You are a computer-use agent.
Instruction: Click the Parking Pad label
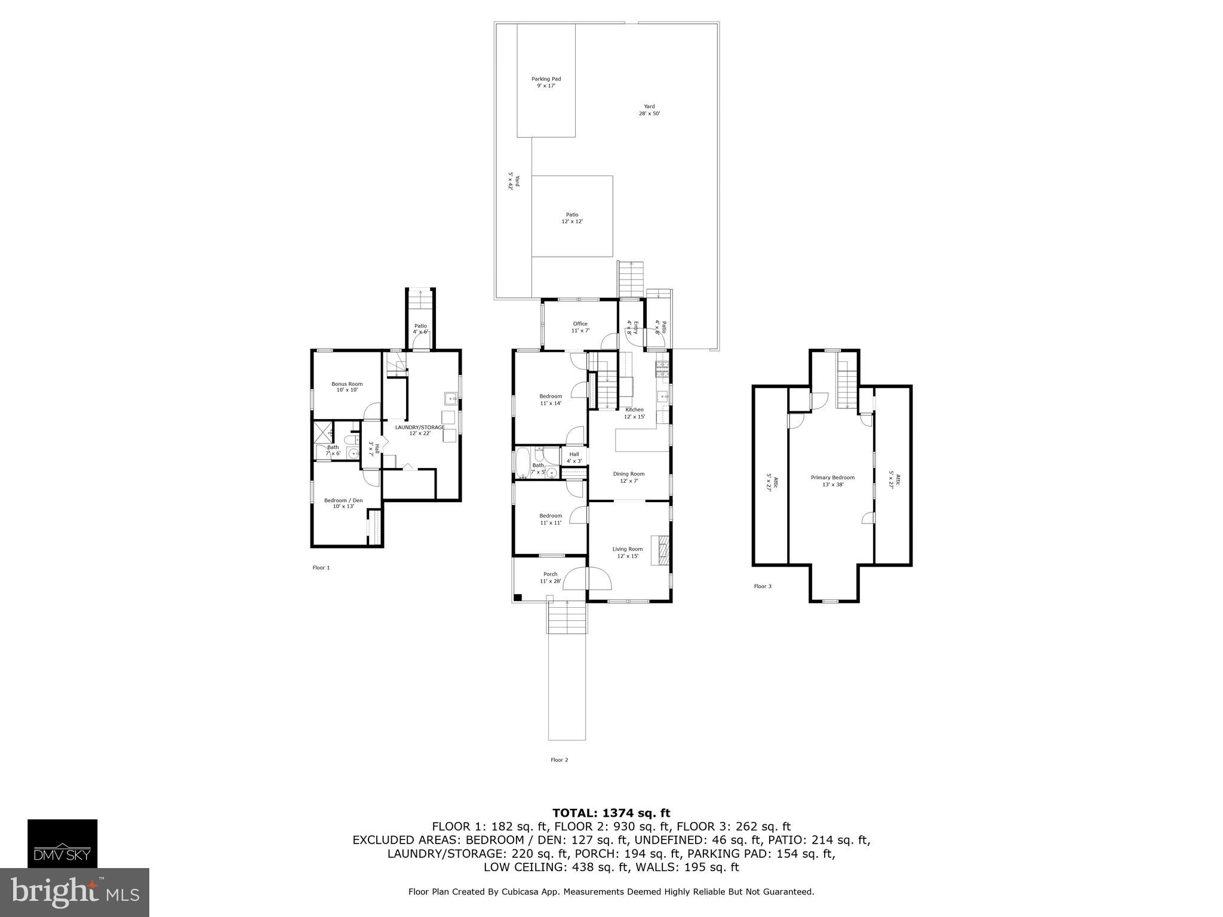[x=546, y=82]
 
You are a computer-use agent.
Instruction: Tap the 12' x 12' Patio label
[x=571, y=218]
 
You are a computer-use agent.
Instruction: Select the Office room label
[x=580, y=327]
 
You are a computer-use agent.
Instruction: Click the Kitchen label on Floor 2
[x=634, y=413]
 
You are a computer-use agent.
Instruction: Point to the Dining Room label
[x=628, y=477]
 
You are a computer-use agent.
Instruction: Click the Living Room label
[x=627, y=552]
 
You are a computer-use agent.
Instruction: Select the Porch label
[x=550, y=577]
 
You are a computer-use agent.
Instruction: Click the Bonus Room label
[x=347, y=387]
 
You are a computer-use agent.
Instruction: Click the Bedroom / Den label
[x=343, y=503]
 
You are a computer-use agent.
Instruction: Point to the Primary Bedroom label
[x=832, y=481]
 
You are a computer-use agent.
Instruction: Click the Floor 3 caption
[x=762, y=586]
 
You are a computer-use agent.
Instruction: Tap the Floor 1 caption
[x=321, y=568]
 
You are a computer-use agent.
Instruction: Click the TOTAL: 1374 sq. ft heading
[x=611, y=813]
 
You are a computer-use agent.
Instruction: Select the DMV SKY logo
[x=62, y=843]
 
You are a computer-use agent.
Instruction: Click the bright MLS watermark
[x=74, y=892]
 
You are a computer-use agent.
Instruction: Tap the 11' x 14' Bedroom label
[x=550, y=399]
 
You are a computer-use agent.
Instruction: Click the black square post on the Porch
[x=518, y=596]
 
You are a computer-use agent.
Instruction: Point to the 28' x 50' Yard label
[x=649, y=110]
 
